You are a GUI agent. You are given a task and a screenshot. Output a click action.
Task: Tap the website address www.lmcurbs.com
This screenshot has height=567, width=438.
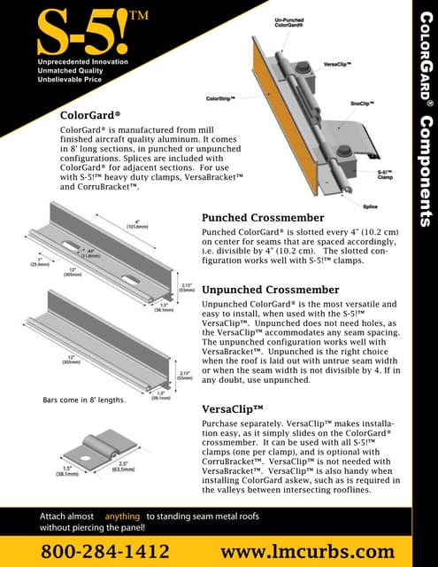coord(306,550)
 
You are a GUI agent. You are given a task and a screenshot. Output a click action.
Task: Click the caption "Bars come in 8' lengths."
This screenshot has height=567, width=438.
coord(83,400)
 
